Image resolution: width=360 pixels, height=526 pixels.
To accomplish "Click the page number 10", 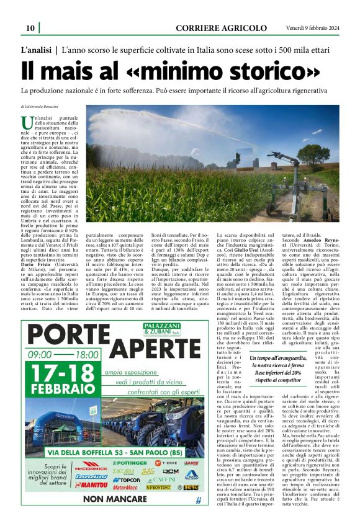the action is pos(30,28).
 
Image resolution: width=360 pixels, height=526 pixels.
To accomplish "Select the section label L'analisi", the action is pos(36,48).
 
